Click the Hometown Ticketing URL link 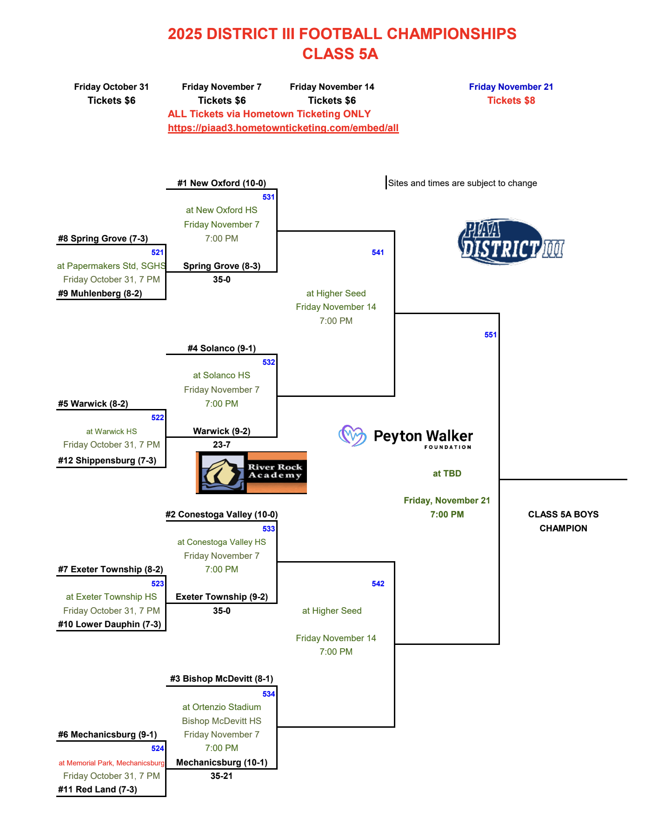click(x=283, y=128)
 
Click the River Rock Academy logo click(x=251, y=472)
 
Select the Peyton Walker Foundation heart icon click(x=352, y=436)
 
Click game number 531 click(x=268, y=197)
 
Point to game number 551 click(x=490, y=335)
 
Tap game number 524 click(x=158, y=749)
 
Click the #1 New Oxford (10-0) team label click(x=221, y=183)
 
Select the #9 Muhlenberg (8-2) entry click(x=100, y=294)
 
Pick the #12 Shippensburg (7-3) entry click(x=107, y=461)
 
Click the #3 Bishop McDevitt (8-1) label click(x=221, y=679)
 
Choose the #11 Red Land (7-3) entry click(x=98, y=790)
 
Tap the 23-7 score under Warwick click(x=221, y=445)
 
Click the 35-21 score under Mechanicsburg click(x=221, y=776)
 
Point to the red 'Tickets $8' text click(x=511, y=101)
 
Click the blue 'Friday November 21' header click(x=511, y=87)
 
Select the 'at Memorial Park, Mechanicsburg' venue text click(x=112, y=763)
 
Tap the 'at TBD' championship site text click(x=447, y=474)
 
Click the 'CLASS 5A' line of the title click(x=340, y=54)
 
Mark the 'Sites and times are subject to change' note click(x=462, y=183)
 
